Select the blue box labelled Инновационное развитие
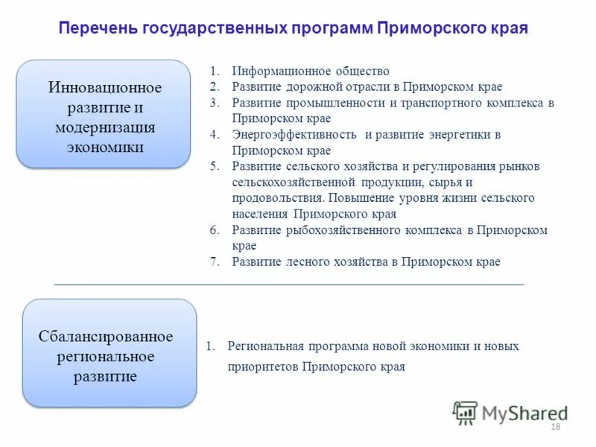[105, 113]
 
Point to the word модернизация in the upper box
[105, 127]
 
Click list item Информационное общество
[311, 72]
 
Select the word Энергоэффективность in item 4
[296, 135]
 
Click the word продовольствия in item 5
[276, 198]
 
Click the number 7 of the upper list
[213, 261]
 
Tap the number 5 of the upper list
[213, 166]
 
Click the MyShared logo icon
[465, 412]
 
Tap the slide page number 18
[554, 426]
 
